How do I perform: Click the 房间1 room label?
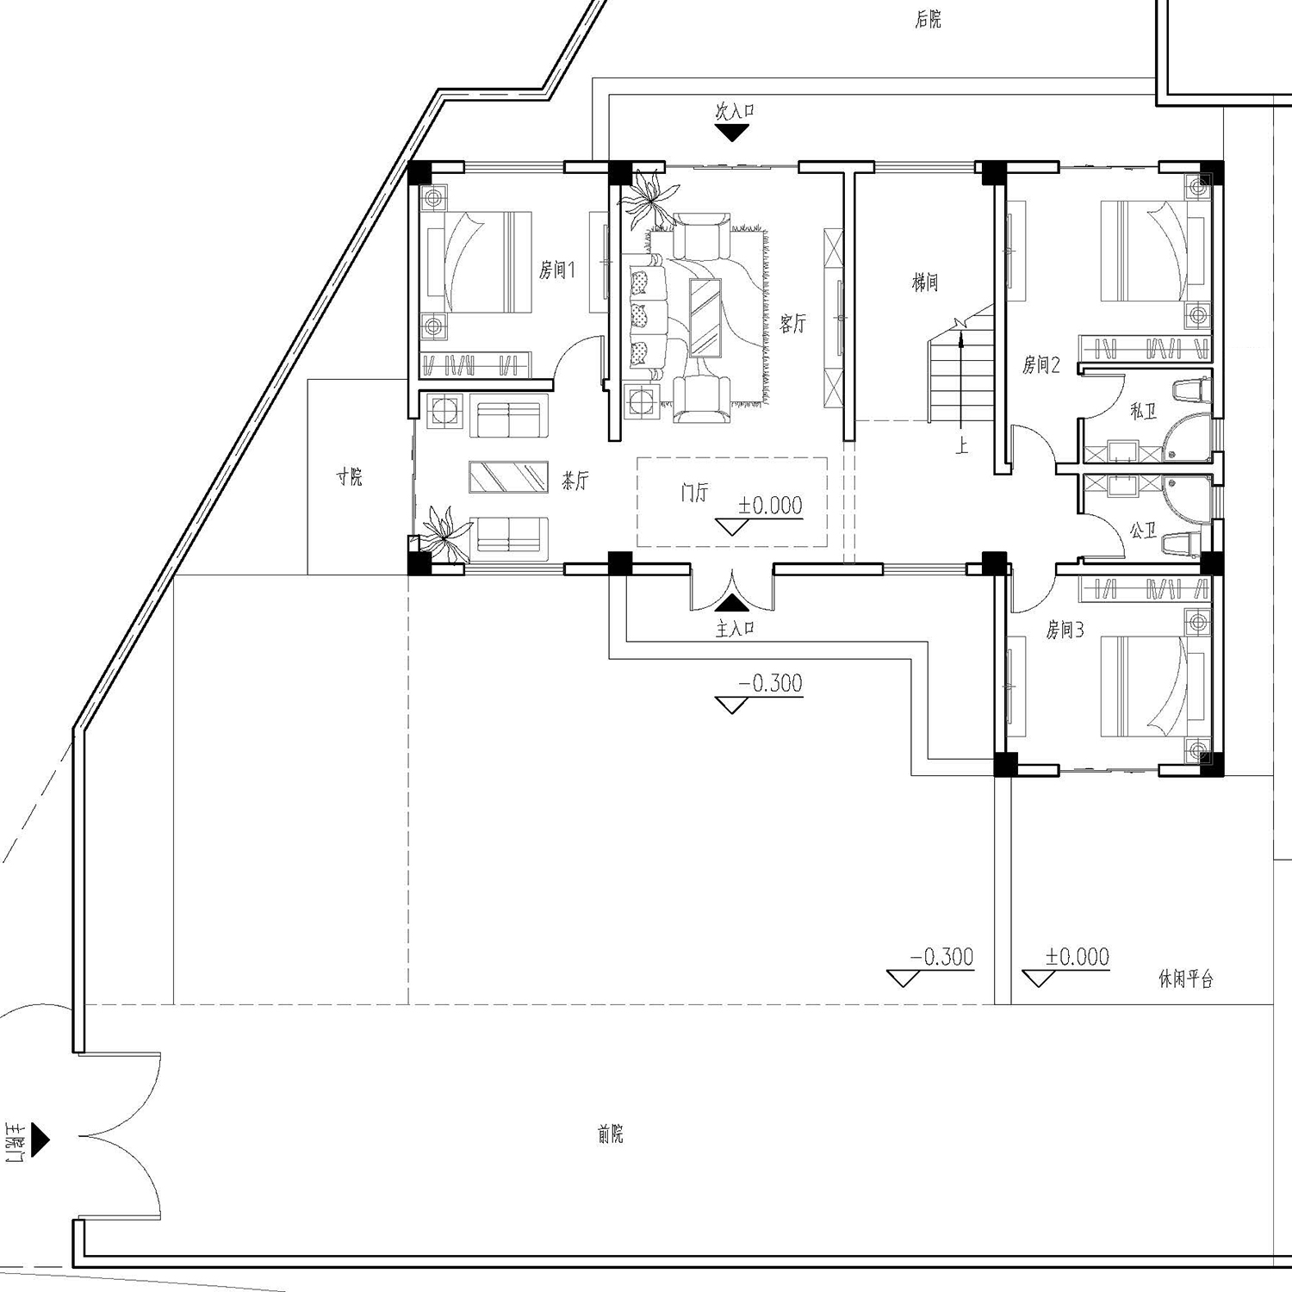point(556,270)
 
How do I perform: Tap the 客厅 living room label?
point(792,324)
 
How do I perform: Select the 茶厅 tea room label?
point(575,481)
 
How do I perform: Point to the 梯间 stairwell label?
point(925,283)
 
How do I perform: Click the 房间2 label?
point(1040,365)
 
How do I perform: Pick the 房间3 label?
point(1065,630)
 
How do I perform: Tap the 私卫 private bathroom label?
point(1143,412)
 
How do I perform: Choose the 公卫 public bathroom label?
point(1143,531)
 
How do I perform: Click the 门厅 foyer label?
point(694,494)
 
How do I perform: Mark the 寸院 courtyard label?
point(350,476)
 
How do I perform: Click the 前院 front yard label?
point(610,1135)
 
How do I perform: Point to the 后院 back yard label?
point(929,20)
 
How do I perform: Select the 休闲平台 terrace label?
point(1186,979)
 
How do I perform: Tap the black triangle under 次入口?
point(733,134)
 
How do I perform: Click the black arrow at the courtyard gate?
point(40,1140)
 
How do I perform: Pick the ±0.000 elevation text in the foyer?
point(770,506)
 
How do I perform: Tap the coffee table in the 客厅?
point(705,317)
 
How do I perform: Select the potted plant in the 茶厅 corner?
point(444,535)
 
